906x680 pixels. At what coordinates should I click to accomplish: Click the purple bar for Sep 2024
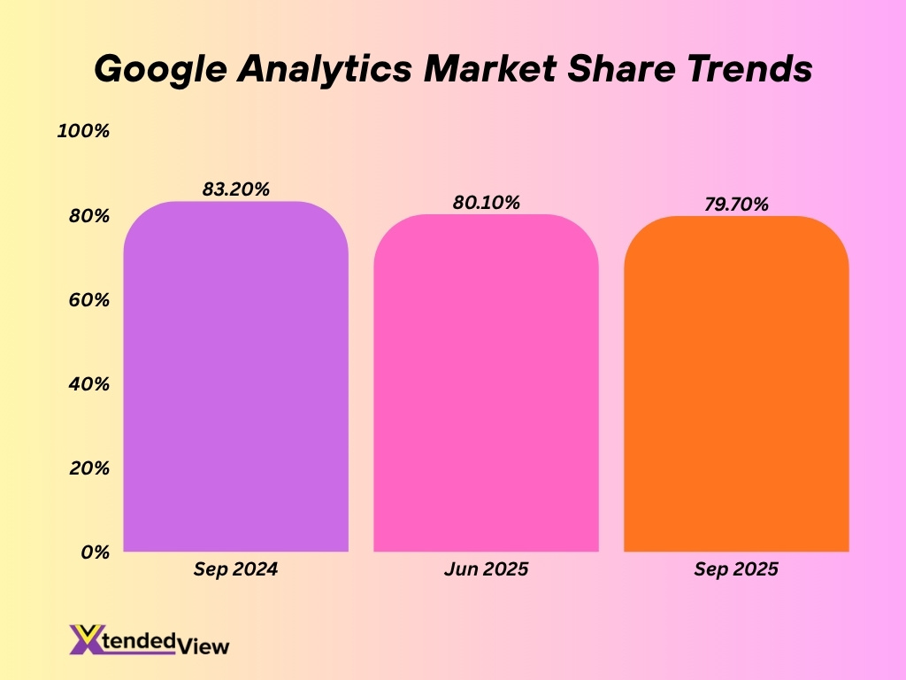click(235, 376)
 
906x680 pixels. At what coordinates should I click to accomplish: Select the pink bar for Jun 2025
click(486, 382)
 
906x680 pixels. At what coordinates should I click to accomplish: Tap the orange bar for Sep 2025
click(736, 383)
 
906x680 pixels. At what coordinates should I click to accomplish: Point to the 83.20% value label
click(235, 189)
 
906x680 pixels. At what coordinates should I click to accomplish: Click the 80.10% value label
click(486, 202)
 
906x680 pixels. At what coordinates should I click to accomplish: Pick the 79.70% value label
click(736, 205)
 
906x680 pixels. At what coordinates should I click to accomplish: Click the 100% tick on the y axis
click(83, 132)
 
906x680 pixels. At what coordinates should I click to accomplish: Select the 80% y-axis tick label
click(88, 216)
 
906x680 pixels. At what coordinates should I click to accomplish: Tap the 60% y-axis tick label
click(88, 300)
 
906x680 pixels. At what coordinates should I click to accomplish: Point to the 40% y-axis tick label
click(88, 384)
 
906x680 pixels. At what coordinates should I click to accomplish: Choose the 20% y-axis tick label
click(88, 467)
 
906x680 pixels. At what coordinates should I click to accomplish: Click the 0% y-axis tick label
click(94, 552)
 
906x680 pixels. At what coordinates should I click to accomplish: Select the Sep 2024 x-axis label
click(235, 569)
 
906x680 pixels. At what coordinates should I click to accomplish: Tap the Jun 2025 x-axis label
click(486, 569)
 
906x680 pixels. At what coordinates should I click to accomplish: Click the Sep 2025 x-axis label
click(736, 569)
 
